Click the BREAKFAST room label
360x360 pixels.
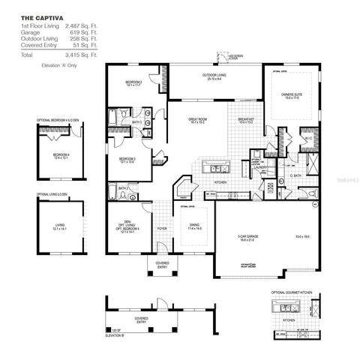[246, 118]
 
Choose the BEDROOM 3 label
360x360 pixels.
[127, 158]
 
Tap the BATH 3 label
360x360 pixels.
[136, 121]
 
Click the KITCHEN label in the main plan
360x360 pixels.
[220, 182]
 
